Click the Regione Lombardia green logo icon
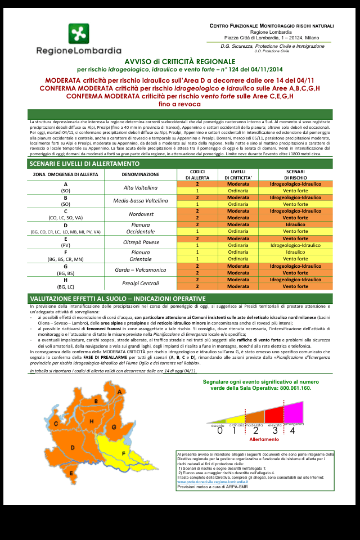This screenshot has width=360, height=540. pos(79,34)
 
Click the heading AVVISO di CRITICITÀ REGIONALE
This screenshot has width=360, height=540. pos(180,61)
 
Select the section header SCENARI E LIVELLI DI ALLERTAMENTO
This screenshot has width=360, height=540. pos(84,164)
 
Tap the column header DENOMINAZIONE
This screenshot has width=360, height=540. pos(140,174)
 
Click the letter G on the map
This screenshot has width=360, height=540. pos(114,427)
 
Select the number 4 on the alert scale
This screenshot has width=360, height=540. pos(292,430)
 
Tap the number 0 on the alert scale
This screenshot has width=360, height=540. pos(220,430)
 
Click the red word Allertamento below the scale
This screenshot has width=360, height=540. pos(264,439)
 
